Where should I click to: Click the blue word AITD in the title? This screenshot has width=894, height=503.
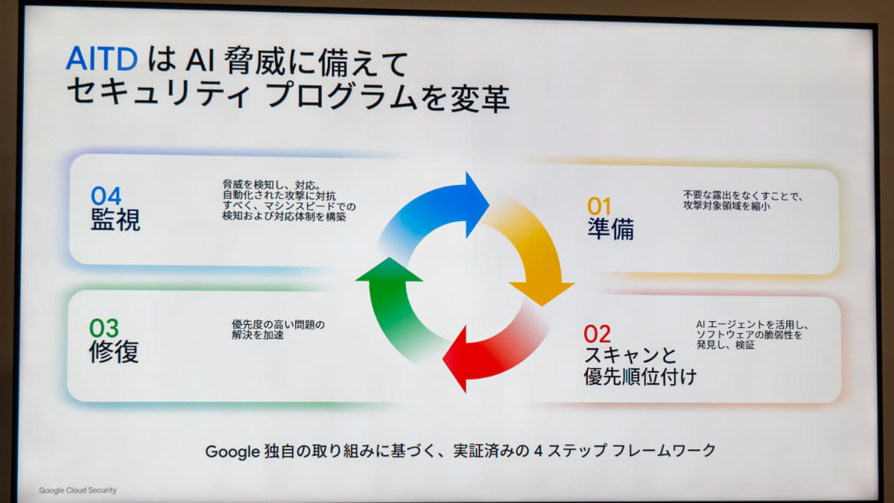[102, 59]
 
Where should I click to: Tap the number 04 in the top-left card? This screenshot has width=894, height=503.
[106, 196]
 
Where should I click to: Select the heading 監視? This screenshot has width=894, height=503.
[115, 220]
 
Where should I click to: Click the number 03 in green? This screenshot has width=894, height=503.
[104, 328]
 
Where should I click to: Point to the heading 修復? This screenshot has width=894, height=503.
[114, 351]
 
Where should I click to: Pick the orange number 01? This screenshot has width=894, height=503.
[599, 206]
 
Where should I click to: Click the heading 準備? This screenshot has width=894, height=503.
[611, 230]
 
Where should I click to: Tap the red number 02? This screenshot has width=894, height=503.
[597, 334]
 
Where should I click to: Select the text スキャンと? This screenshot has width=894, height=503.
[630, 355]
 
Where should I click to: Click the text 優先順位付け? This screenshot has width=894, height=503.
[640, 376]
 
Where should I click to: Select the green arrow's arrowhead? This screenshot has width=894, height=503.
[389, 270]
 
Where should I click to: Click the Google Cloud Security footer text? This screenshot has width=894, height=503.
[77, 490]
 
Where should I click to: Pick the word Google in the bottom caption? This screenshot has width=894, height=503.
[232, 452]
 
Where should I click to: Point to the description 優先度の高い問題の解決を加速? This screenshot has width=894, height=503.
[278, 329]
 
